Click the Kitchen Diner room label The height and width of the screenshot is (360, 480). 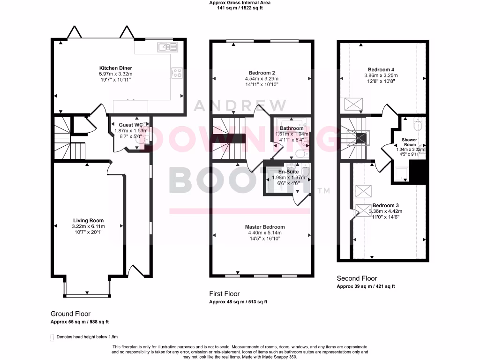(115, 68)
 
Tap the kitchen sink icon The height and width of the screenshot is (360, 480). (166, 46)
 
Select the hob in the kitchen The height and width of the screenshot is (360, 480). (178, 73)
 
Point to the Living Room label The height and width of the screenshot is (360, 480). (88, 220)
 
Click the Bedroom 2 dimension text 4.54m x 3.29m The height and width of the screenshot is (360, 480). (262, 79)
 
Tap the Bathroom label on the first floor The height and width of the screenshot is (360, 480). (292, 128)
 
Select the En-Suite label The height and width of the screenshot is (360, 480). (288, 172)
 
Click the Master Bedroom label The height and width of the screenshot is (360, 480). (265, 227)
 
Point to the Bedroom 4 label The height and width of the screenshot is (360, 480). (381, 69)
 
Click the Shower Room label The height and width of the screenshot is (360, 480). (409, 142)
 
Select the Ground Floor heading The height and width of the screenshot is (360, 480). (71, 314)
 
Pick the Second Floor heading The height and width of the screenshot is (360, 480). (357, 278)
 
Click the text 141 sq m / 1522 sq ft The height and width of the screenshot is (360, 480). (240, 8)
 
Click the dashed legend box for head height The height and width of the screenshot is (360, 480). (52, 337)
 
